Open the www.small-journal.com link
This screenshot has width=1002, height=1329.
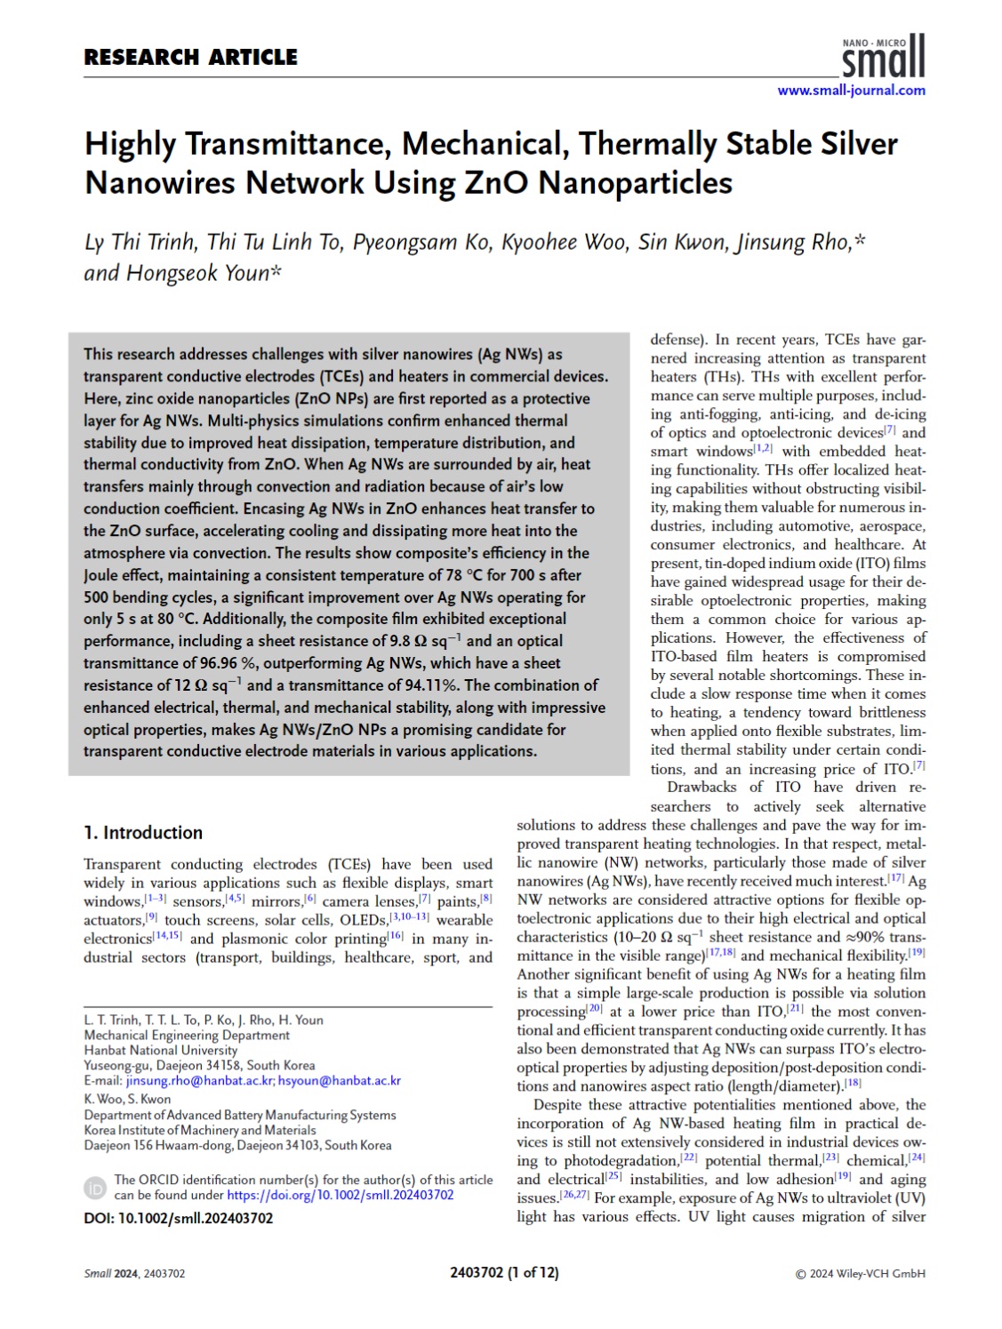point(851,90)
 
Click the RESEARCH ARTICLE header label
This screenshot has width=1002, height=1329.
point(190,58)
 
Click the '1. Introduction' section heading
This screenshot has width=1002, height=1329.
point(143,833)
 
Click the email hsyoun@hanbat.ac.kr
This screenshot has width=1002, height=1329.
point(340,1081)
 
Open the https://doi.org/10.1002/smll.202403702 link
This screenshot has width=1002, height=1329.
point(340,1196)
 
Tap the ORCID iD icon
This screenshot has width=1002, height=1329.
point(96,1188)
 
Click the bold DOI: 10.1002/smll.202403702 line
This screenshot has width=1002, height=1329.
point(178,1219)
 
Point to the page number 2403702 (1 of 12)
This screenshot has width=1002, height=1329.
point(504,1273)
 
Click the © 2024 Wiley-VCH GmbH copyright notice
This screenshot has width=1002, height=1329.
point(860,1274)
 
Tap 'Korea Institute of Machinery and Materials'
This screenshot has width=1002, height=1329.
point(200,1130)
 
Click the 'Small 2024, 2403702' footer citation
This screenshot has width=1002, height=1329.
point(134,1274)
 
